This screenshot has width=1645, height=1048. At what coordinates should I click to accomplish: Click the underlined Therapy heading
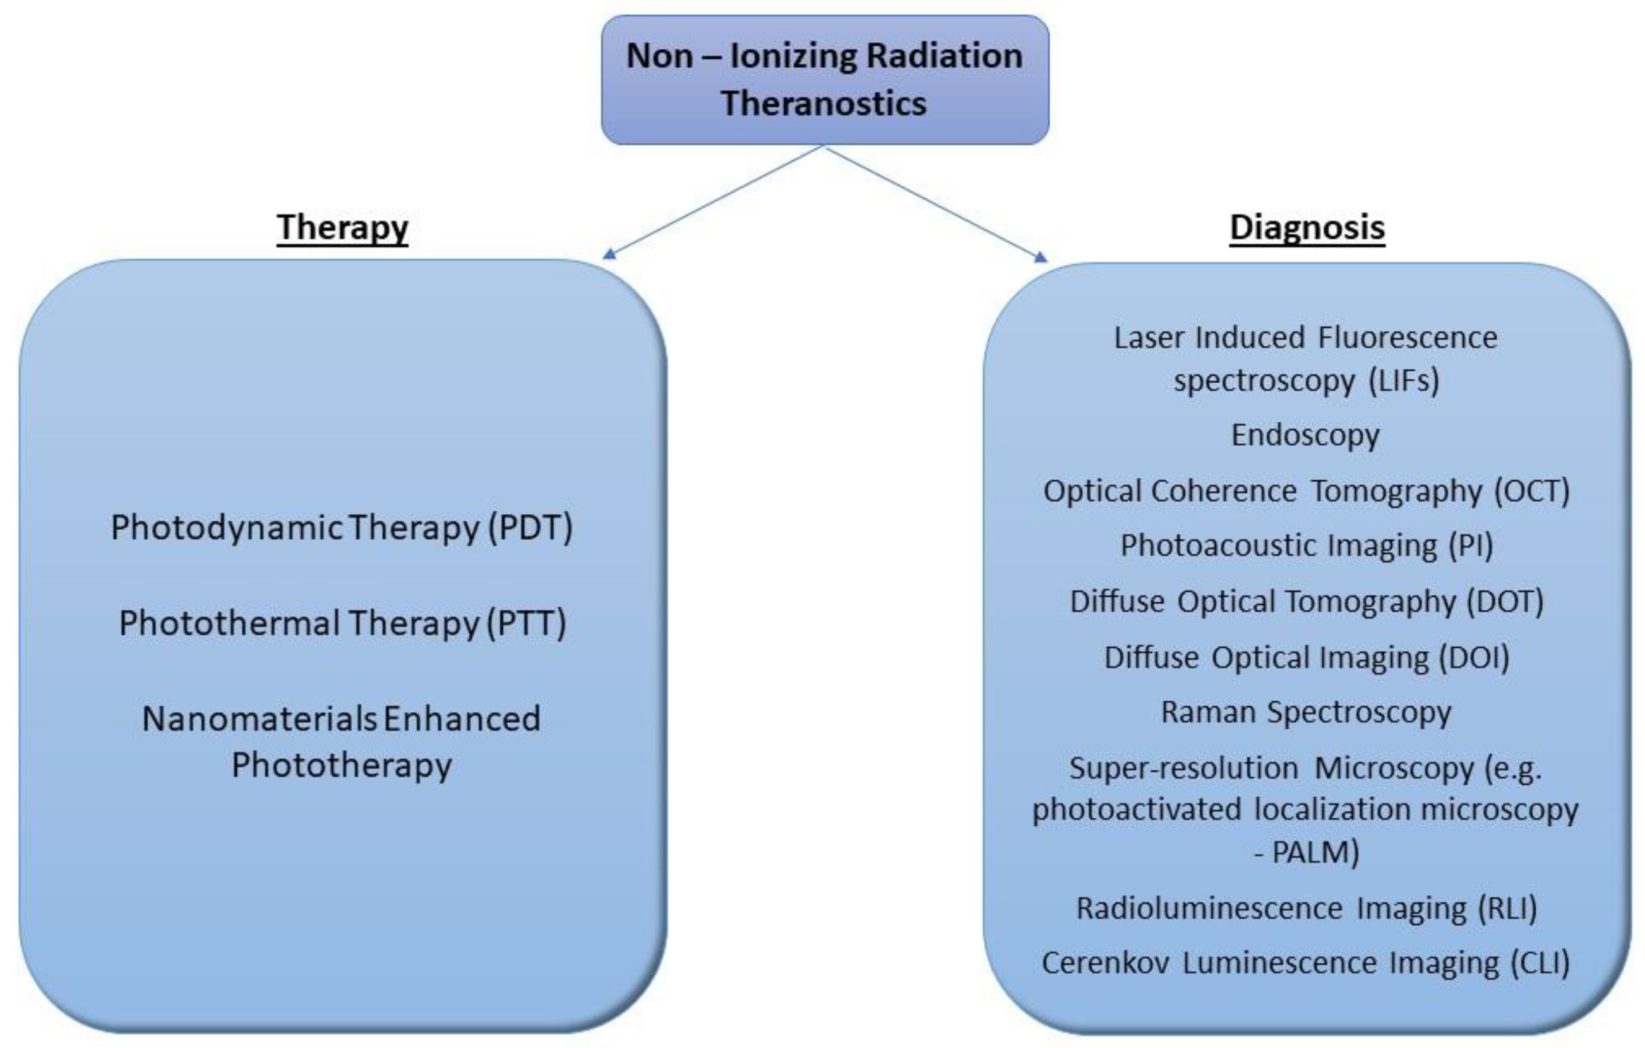tap(342, 227)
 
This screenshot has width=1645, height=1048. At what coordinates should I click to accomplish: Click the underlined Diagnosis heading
tap(1307, 227)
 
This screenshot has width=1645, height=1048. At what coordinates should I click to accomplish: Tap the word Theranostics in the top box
tap(823, 104)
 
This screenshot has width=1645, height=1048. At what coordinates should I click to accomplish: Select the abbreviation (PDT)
tap(530, 527)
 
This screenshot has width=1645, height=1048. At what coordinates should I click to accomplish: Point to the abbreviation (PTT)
tap(526, 623)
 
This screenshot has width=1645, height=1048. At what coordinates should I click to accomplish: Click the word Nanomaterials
tap(259, 718)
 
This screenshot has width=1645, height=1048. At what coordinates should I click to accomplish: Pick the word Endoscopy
tap(1305, 435)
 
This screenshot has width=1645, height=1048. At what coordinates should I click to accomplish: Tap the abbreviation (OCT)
tap(1531, 491)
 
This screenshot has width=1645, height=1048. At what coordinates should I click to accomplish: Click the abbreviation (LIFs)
tap(1404, 381)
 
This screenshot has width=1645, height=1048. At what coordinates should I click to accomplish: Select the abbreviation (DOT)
tap(1505, 602)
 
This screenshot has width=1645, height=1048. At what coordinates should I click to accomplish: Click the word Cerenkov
tap(1104, 963)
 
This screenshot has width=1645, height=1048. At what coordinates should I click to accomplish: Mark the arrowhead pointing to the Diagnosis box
tap(1041, 257)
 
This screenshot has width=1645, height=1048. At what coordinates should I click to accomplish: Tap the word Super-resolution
tap(1183, 768)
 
